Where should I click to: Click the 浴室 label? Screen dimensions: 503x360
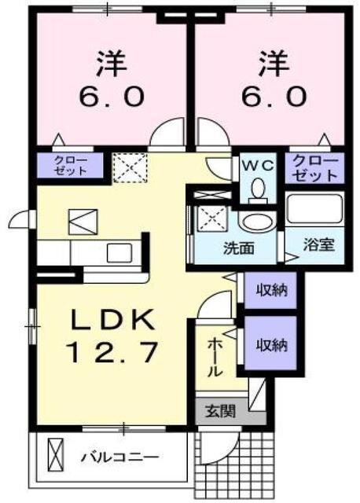[x=320, y=244]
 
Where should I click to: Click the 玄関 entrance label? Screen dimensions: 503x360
[x=220, y=409]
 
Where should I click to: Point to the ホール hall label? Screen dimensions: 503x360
[x=214, y=358]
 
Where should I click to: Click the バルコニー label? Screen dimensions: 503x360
[x=120, y=456]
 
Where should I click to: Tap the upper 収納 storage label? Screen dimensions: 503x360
[x=270, y=289]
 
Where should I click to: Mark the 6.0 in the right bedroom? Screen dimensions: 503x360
[x=269, y=96]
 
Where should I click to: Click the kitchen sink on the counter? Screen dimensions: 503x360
[x=120, y=252]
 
